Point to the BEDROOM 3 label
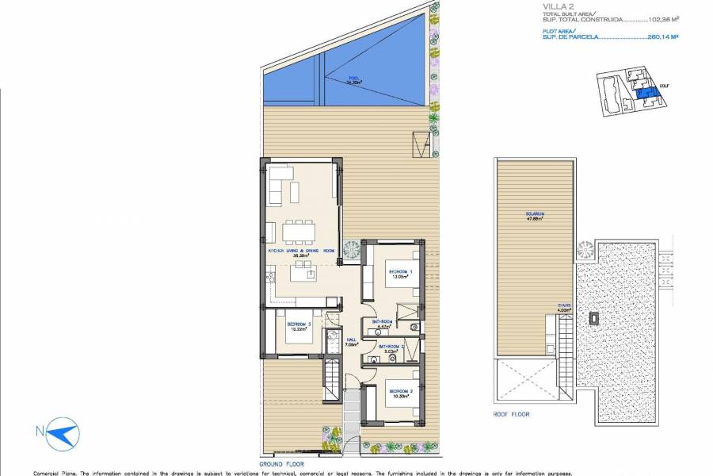pyautogui.click(x=298, y=327)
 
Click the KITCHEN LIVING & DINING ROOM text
pyautogui.click(x=302, y=252)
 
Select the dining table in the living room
pyautogui.click(x=299, y=231)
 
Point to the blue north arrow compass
pyautogui.click(x=60, y=433)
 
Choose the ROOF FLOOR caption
pyautogui.click(x=512, y=414)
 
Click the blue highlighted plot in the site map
pyautogui.click(x=646, y=95)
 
